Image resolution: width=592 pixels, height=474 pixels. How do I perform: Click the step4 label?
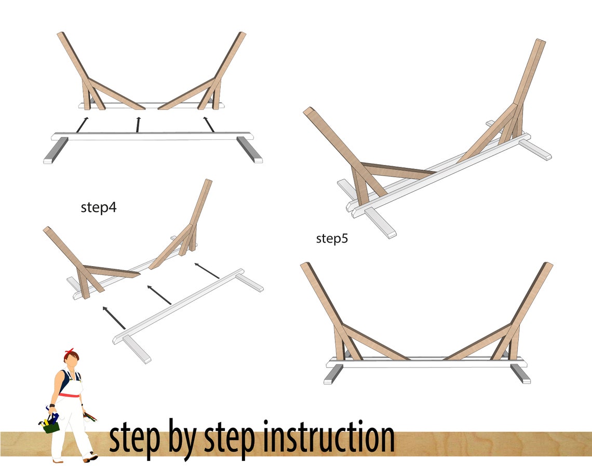click(x=99, y=207)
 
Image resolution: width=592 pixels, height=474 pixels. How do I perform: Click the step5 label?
click(x=332, y=239)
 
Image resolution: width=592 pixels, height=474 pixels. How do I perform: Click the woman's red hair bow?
click(x=69, y=354)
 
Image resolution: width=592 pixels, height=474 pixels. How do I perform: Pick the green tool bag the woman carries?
click(x=50, y=426)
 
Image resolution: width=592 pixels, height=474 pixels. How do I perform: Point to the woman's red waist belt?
click(x=69, y=396)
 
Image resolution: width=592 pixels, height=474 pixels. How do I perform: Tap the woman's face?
click(x=74, y=362)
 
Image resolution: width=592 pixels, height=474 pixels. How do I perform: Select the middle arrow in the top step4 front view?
click(x=138, y=125)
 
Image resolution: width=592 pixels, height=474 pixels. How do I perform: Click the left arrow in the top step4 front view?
click(x=82, y=125)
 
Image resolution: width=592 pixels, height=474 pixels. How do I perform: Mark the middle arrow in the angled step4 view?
click(x=160, y=295)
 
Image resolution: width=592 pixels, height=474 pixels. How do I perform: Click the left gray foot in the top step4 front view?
click(x=56, y=151)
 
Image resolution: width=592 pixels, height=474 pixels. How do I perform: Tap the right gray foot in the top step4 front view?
click(x=250, y=151)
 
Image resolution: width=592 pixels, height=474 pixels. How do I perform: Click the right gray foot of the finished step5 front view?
click(x=520, y=374)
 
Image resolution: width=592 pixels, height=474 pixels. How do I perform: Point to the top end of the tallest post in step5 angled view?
click(x=540, y=42)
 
